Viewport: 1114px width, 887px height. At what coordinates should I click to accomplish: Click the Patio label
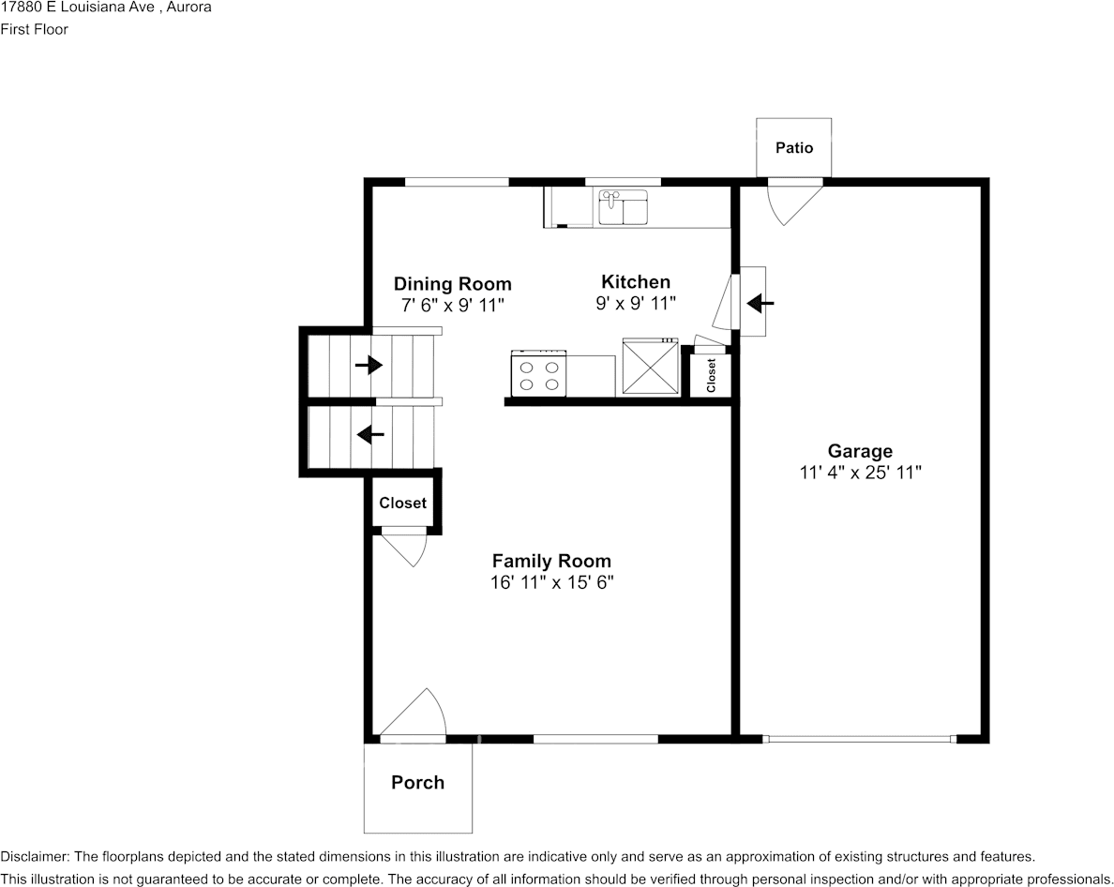coord(793,148)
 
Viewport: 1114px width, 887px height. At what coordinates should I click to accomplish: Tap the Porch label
coord(417,783)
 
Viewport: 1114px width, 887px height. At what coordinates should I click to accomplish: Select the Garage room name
coord(860,451)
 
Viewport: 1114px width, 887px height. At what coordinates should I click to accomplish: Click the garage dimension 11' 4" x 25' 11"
coord(860,473)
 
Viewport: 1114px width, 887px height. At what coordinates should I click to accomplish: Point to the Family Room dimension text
coord(551,582)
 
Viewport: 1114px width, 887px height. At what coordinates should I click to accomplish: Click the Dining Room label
coord(452,284)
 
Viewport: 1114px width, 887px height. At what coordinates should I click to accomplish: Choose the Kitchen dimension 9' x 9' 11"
coord(636,303)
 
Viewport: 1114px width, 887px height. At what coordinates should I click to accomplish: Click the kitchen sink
coord(623,207)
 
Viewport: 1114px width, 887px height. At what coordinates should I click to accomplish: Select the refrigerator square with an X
coord(651,369)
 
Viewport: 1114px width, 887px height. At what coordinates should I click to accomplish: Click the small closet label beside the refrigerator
coord(711,375)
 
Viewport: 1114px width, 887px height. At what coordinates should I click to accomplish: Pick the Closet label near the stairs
coord(402,504)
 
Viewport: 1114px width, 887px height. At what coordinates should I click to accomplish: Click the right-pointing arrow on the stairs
coord(369,364)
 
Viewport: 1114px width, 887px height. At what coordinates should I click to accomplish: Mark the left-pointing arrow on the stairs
coord(370,434)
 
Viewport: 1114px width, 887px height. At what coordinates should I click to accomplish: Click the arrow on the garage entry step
coord(760,303)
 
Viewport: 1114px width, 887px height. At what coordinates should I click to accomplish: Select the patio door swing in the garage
coord(792,201)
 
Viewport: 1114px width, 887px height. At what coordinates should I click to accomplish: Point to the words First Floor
coord(34,29)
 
